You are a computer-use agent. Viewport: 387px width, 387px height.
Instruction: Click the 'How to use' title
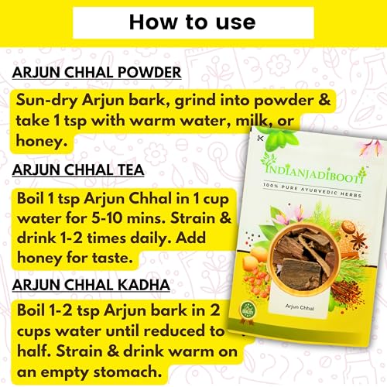(x=193, y=22)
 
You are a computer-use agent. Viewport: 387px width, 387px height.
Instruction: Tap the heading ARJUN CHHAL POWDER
(x=97, y=73)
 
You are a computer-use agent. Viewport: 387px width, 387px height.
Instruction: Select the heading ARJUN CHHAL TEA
(x=78, y=170)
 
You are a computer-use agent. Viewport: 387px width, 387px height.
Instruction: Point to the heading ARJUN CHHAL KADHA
(x=91, y=285)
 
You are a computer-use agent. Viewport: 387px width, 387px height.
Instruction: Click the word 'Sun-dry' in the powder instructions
(x=46, y=101)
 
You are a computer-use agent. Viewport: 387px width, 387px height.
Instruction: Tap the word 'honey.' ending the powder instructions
(x=42, y=142)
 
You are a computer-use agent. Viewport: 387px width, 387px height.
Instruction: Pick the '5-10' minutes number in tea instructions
(x=107, y=218)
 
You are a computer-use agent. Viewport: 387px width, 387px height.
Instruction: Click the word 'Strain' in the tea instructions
(x=193, y=218)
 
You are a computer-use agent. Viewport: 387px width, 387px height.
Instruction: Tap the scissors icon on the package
(x=260, y=138)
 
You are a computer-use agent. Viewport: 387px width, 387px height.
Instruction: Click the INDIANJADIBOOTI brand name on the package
(x=315, y=176)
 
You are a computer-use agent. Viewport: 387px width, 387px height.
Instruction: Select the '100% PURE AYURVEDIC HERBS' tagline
(x=312, y=190)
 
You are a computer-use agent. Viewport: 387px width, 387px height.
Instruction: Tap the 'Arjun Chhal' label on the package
(x=300, y=307)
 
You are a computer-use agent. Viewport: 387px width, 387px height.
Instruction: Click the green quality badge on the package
(x=247, y=310)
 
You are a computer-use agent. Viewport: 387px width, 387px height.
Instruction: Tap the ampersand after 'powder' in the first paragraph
(x=324, y=101)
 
